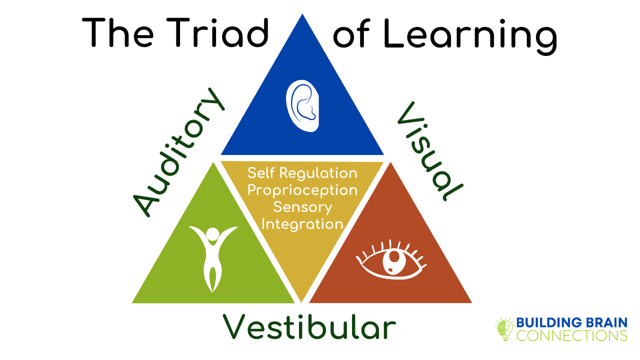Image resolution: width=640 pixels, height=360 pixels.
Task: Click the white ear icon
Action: point(302,106)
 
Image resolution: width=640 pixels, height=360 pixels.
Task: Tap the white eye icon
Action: point(391,260)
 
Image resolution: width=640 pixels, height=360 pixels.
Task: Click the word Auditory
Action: point(179,152)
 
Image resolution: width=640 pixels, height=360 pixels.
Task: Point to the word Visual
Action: point(430,151)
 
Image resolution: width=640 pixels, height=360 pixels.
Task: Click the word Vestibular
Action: point(309,326)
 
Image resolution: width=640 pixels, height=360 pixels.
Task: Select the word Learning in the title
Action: point(470,36)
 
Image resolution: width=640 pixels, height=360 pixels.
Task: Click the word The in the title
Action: point(117,32)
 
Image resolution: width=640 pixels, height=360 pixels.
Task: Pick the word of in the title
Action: point(351,33)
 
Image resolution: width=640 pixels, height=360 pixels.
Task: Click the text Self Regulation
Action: point(302,173)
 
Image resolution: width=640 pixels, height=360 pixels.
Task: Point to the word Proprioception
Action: point(302,191)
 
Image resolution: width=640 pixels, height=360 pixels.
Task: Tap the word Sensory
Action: point(302,207)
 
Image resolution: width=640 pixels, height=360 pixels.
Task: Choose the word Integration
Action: point(302,224)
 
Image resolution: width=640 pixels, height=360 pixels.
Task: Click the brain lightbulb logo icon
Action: point(505,328)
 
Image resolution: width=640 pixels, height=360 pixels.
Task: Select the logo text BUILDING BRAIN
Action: point(571,322)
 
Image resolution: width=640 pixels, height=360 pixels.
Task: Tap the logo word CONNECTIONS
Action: point(571,335)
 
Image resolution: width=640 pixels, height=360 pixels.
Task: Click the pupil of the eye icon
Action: point(394,257)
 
